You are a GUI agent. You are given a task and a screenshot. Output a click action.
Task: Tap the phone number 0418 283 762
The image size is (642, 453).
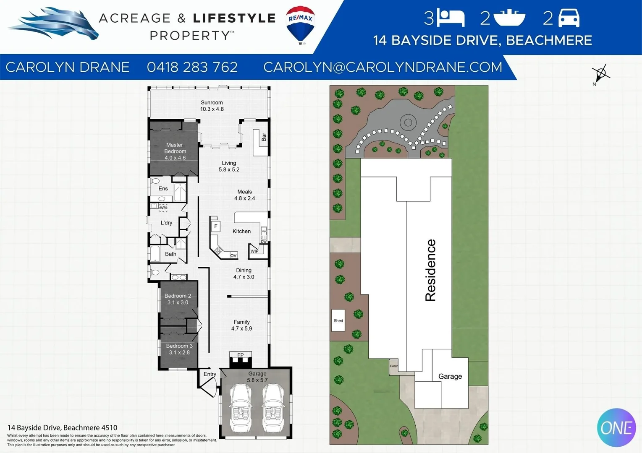pos(192,67)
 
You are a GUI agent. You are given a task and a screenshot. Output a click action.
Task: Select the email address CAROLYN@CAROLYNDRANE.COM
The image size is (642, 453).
pos(383,67)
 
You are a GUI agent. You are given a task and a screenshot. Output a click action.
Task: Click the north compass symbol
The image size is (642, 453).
pos(601,74)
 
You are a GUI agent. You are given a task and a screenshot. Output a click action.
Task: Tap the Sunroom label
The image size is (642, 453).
pos(212,102)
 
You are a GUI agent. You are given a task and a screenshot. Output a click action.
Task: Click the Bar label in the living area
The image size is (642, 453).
pos(264,137)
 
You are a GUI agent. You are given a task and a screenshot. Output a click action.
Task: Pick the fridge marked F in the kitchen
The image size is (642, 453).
pos(216,226)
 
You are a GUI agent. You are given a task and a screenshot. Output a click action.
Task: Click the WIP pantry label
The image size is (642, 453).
pos(254,251)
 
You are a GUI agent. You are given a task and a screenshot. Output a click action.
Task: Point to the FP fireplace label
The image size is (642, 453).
pos(240,355)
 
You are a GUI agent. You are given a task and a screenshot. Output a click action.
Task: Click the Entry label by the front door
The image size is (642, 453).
pos(210,374)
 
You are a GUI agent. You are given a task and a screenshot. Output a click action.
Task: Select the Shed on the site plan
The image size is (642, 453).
pos(338,320)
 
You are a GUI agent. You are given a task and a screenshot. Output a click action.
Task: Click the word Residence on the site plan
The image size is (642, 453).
pos(430,270)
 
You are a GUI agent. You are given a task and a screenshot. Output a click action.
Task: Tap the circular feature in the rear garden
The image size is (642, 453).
pos(407,122)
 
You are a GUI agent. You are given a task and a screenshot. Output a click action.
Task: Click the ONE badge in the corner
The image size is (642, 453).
pos(616,427)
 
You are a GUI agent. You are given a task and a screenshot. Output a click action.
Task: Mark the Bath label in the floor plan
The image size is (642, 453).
pos(170,254)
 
